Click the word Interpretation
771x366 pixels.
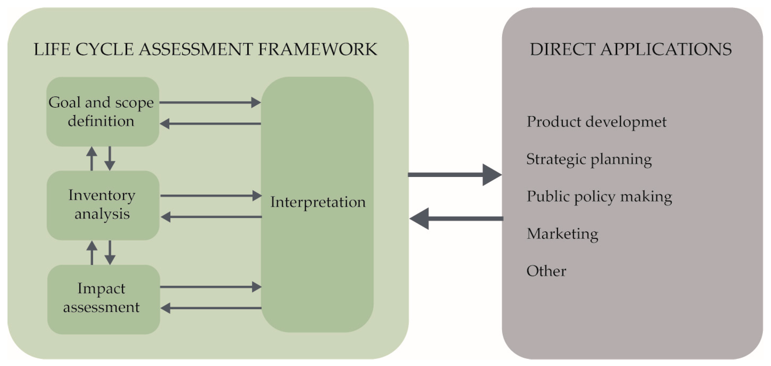pyautogui.click(x=318, y=202)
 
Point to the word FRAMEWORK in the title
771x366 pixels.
pyautogui.click(x=317, y=49)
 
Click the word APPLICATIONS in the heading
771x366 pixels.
pyautogui.click(x=666, y=49)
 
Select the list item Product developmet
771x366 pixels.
pyautogui.click(x=596, y=122)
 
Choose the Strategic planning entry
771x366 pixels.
pyautogui.click(x=589, y=159)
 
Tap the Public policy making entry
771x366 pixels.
pyautogui.click(x=599, y=197)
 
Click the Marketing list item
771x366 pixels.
pyautogui.click(x=562, y=234)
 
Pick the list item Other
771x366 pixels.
pyautogui.click(x=546, y=271)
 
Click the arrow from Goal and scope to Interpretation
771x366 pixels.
pyautogui.click(x=209, y=102)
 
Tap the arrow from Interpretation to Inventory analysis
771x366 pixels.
pyautogui.click(x=211, y=217)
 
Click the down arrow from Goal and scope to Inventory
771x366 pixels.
pyautogui.click(x=110, y=158)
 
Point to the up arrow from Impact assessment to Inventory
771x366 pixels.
pyautogui.click(x=92, y=252)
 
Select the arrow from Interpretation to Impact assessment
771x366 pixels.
pyautogui.click(x=211, y=308)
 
